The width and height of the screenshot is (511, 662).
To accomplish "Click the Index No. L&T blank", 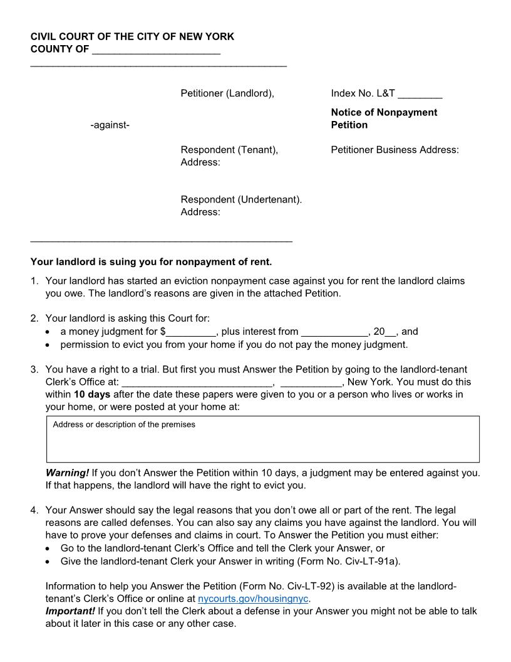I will [x=420, y=94].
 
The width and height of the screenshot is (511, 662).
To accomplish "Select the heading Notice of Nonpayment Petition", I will [x=384, y=118].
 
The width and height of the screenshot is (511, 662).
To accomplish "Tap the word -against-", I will [x=110, y=125].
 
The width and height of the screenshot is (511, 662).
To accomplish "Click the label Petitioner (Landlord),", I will [x=227, y=93].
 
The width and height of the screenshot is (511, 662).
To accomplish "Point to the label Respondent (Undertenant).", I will [x=241, y=199].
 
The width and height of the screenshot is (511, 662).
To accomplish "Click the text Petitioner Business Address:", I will [x=395, y=150].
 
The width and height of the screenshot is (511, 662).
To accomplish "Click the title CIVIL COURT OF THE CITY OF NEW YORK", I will [x=132, y=37].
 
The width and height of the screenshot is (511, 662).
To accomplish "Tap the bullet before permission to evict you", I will [x=49, y=345].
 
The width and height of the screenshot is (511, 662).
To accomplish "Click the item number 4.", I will [x=34, y=510].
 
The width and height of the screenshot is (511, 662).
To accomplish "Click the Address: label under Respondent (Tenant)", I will [x=200, y=162].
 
